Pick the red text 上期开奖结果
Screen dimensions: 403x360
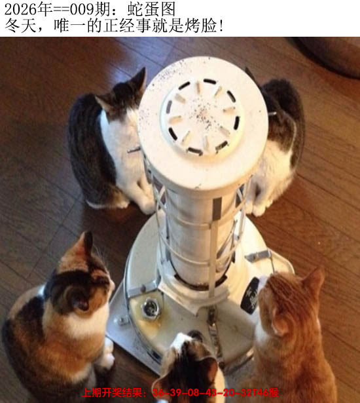coord(115,393)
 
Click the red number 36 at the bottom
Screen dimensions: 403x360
coord(159,393)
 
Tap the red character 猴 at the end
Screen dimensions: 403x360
coord(274,393)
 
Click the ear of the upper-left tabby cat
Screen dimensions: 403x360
coord(138,81)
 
